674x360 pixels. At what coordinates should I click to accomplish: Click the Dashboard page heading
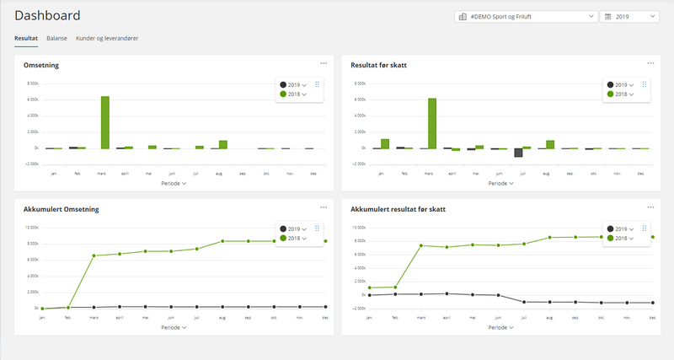pos(48,15)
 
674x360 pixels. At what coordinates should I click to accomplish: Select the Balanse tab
pos(56,39)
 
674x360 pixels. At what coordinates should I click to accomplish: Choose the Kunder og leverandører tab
pos(107,39)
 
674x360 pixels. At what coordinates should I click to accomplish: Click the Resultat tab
pos(26,39)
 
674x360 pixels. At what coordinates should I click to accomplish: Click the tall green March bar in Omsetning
pos(105,122)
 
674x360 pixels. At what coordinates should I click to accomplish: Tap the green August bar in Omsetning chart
pos(223,144)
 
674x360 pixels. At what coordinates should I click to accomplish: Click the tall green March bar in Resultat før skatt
pos(432,123)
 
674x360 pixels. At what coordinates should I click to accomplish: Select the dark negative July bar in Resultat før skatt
pos(519,153)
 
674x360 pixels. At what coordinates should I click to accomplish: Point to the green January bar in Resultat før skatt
pos(385,144)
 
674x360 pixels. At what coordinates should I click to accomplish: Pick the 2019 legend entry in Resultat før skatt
pos(620,85)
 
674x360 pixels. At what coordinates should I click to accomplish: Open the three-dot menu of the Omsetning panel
pos(324,63)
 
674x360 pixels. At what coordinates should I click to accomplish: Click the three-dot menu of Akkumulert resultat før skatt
pos(650,207)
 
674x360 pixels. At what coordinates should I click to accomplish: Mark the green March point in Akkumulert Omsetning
pos(94,255)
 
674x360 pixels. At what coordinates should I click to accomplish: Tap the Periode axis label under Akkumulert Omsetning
pos(173,325)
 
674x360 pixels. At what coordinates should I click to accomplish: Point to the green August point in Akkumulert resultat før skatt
pos(550,238)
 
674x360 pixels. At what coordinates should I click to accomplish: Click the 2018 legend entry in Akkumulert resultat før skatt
pos(621,238)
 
